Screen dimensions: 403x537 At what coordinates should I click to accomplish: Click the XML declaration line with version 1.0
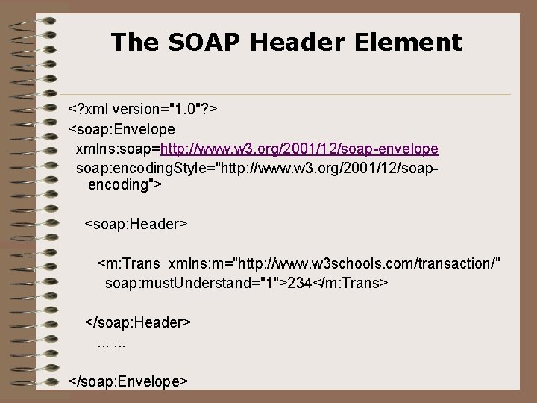pos(142,110)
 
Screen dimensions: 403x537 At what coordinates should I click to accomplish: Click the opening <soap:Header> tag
pos(136,223)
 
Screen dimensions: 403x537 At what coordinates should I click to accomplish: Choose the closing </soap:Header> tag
pos(139,322)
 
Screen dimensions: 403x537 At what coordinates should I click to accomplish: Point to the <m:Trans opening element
pos(129,264)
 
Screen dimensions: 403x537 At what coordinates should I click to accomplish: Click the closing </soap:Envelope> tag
pos(128,381)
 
